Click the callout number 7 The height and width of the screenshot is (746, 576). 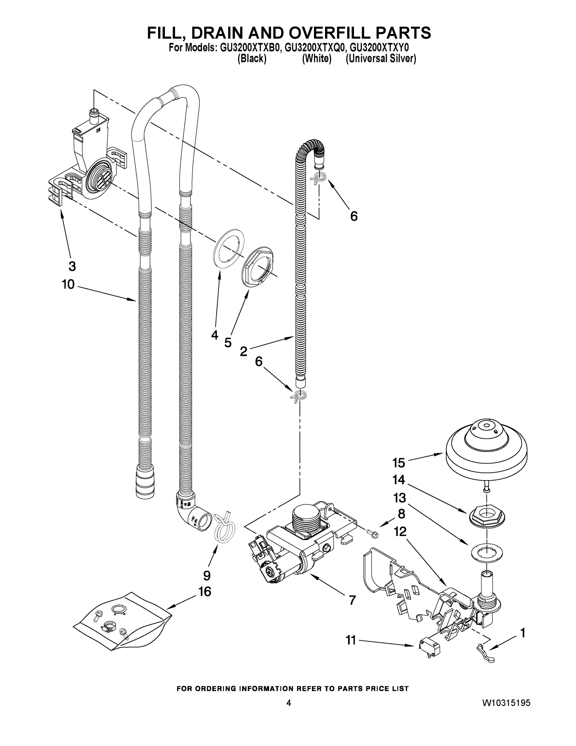tap(352, 600)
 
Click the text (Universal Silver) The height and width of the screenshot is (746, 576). tap(380, 59)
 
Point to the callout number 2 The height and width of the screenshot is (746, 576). tap(243, 351)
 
